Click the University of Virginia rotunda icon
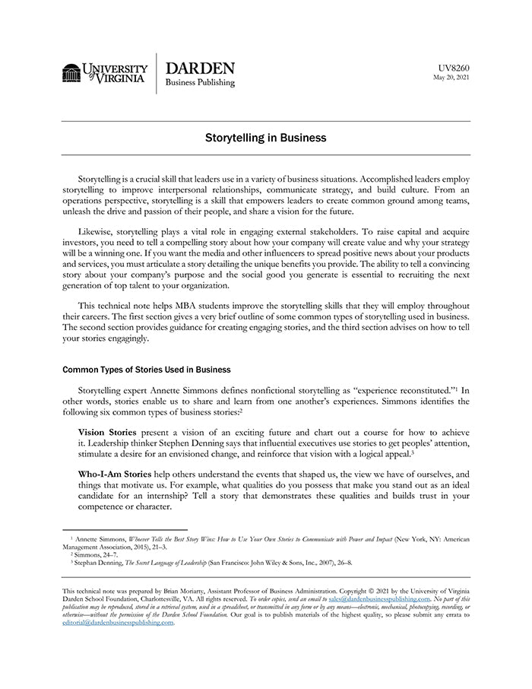point(71,73)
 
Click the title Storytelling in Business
point(265,138)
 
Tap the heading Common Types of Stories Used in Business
point(146,370)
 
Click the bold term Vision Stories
point(105,432)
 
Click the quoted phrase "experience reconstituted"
point(376,390)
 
